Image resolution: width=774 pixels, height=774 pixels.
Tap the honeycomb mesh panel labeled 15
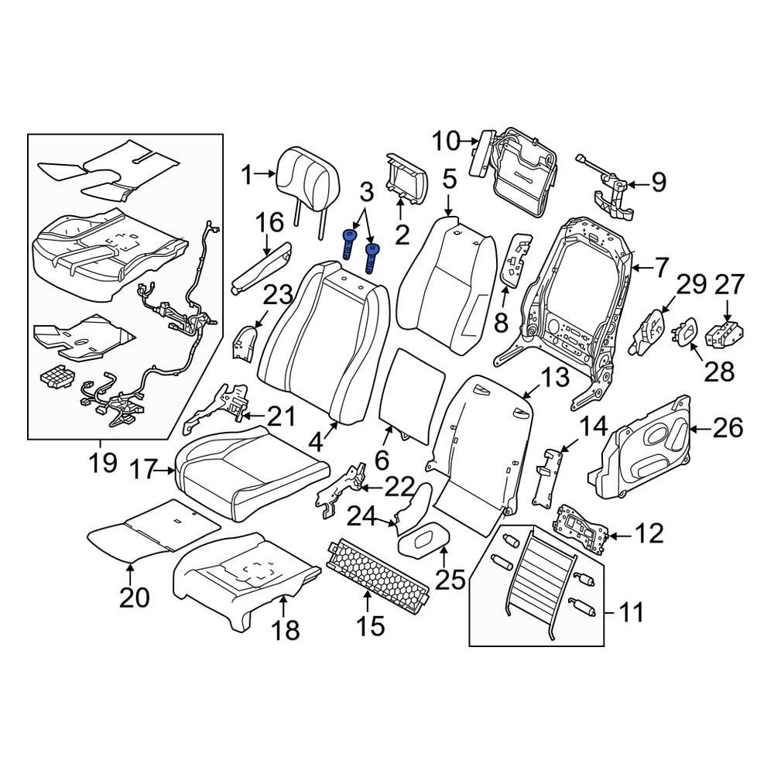tap(380, 577)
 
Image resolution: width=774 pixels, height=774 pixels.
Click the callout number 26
tap(728, 428)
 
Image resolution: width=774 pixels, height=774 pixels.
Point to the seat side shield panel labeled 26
tap(646, 449)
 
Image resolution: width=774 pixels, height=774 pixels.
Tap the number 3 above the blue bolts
tap(365, 190)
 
